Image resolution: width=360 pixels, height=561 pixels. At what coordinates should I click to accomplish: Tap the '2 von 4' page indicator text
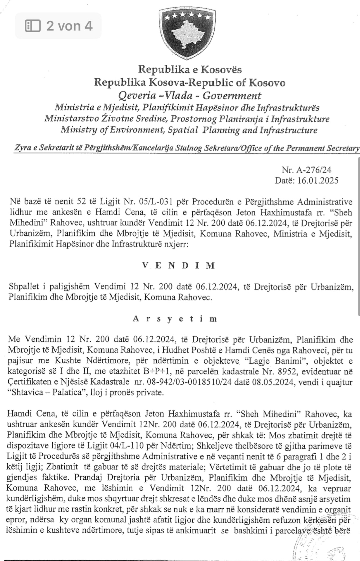69,26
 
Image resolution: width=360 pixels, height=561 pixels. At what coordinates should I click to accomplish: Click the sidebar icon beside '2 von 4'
33,26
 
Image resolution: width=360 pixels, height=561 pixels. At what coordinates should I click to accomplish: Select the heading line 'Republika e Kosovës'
190,69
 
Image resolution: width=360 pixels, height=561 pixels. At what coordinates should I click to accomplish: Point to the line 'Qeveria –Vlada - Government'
190,95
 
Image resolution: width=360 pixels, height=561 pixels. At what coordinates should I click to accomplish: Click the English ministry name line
189,130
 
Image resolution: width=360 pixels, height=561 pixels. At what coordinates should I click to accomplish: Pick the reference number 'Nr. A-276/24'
307,170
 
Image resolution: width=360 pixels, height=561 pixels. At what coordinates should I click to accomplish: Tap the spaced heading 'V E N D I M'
179,266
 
